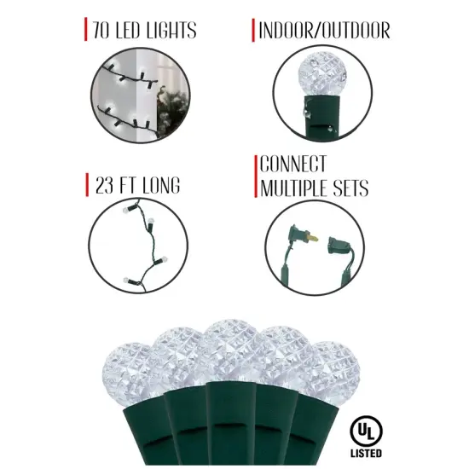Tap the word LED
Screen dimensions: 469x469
coord(137,32)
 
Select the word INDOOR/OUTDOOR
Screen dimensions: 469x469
coord(325,32)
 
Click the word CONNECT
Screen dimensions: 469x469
coord(294,165)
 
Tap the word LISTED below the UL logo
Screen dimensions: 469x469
coord(365,450)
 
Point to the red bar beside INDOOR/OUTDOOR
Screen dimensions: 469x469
coord(253,32)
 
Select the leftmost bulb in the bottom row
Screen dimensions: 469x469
coord(128,362)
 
